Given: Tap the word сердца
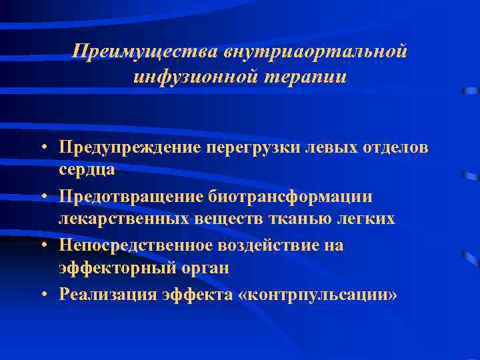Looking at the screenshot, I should pyautogui.click(x=87, y=169).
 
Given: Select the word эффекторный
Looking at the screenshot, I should pyautogui.click(x=111, y=268).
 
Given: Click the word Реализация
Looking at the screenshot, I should pyautogui.click(x=107, y=294).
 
